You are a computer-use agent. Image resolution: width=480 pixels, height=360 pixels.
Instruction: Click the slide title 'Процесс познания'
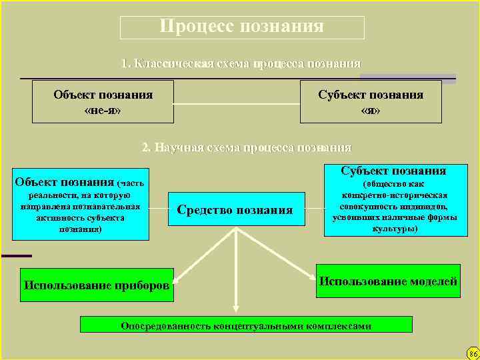(242, 27)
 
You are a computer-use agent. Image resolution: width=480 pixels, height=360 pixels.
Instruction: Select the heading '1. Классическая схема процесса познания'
(241, 64)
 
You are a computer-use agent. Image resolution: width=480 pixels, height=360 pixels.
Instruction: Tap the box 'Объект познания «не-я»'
(103, 102)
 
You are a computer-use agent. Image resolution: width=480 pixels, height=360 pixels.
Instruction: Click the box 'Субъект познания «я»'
(371, 102)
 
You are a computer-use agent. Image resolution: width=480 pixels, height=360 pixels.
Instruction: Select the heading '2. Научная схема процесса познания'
(247, 147)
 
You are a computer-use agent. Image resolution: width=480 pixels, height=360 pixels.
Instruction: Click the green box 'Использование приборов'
(96, 285)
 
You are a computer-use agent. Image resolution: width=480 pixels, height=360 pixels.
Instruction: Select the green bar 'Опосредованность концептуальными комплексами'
(246, 325)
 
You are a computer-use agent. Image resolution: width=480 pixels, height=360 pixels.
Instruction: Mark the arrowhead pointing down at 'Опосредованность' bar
(235, 309)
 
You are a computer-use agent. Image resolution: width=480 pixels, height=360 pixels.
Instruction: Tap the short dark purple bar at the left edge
(16, 256)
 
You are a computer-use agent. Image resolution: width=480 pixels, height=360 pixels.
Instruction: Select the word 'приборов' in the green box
(143, 286)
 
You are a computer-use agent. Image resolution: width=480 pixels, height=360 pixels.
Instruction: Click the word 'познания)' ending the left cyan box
(81, 229)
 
